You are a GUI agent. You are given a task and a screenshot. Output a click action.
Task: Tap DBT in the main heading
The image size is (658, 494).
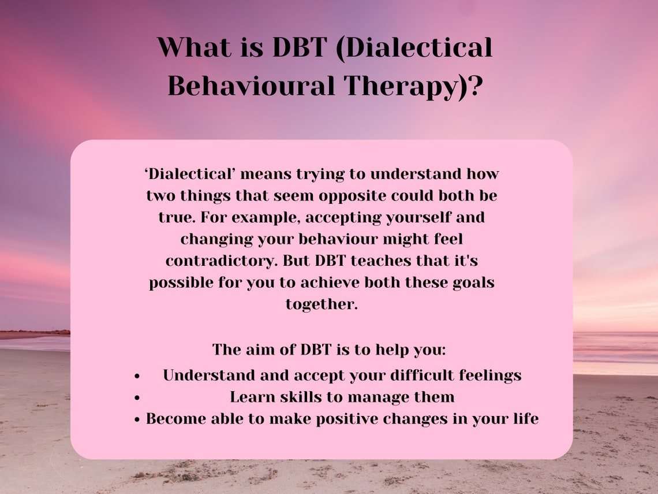pyautogui.click(x=296, y=47)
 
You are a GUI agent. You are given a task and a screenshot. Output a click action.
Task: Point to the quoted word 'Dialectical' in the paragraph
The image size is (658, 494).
pyautogui.click(x=189, y=173)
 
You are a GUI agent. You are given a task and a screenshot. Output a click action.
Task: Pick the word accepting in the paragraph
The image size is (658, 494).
pyautogui.click(x=333, y=217)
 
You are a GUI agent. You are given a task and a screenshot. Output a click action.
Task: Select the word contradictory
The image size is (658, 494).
pyautogui.click(x=222, y=261)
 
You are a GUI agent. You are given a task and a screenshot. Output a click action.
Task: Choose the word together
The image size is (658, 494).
pyautogui.click(x=321, y=304)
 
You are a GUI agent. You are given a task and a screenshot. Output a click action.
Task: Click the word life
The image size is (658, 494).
pyautogui.click(x=525, y=419)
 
